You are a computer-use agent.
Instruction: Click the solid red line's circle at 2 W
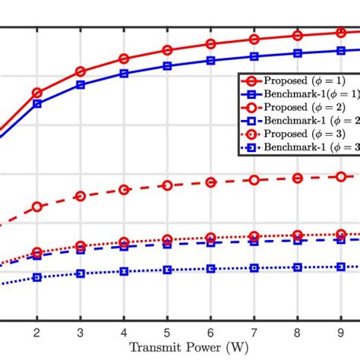36,93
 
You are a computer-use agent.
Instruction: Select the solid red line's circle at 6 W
211,44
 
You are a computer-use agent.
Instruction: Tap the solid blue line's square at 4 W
124,74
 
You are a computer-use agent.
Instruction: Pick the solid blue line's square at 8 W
298,53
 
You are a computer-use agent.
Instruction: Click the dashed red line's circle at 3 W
80,196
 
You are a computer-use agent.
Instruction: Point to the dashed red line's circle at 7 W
254,180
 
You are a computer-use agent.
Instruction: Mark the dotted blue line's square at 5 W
167,270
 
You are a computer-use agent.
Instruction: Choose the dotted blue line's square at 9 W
341,267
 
